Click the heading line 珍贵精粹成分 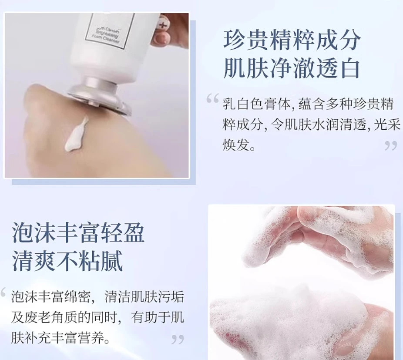292,40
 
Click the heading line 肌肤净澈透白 292,68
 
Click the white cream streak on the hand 76,135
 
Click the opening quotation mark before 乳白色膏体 212,99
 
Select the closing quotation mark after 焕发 390,146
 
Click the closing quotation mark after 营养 177,339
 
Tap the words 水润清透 330,125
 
